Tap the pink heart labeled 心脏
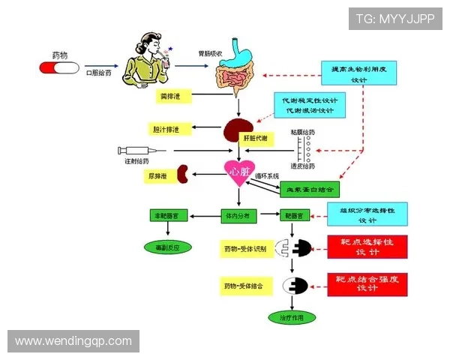coord(239,171)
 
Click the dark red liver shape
coord(239,129)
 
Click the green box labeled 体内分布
coord(239,215)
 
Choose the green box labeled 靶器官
coord(294,215)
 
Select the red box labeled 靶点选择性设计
coord(367,247)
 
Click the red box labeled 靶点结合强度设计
coord(367,284)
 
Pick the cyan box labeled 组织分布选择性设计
coord(367,214)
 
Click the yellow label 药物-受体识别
coord(244,248)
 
